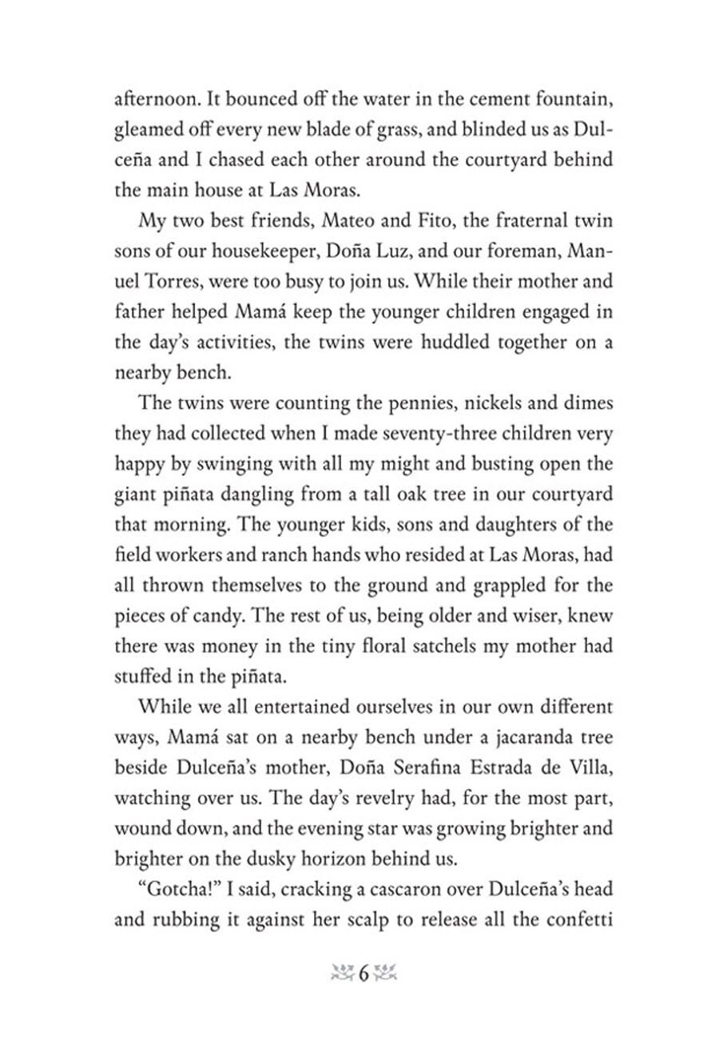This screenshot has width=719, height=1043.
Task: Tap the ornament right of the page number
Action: click(385, 995)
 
